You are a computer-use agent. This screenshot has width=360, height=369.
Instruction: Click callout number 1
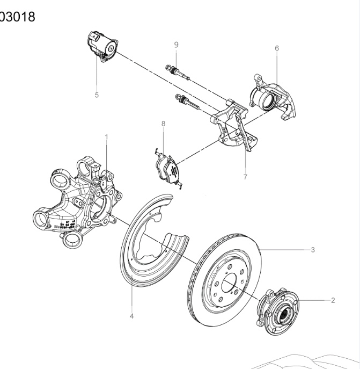coord(106,137)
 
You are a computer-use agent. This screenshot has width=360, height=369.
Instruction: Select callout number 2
coord(333,300)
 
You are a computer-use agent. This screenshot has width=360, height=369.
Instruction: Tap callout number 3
coord(313,250)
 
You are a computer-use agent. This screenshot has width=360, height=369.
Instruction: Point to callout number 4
coord(131,316)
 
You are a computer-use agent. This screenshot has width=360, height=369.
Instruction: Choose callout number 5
coord(97,95)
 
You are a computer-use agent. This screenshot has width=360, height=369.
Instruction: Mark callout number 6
coord(277,48)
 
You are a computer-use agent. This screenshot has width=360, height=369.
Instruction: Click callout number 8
coord(163,124)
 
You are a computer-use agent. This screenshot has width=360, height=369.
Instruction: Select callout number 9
coord(175,44)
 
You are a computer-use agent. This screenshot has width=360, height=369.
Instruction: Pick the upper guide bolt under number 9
coord(179,72)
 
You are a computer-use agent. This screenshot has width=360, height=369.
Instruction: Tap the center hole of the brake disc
coord(227,281)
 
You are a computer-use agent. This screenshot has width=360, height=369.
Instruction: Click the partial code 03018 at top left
coord(17,17)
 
